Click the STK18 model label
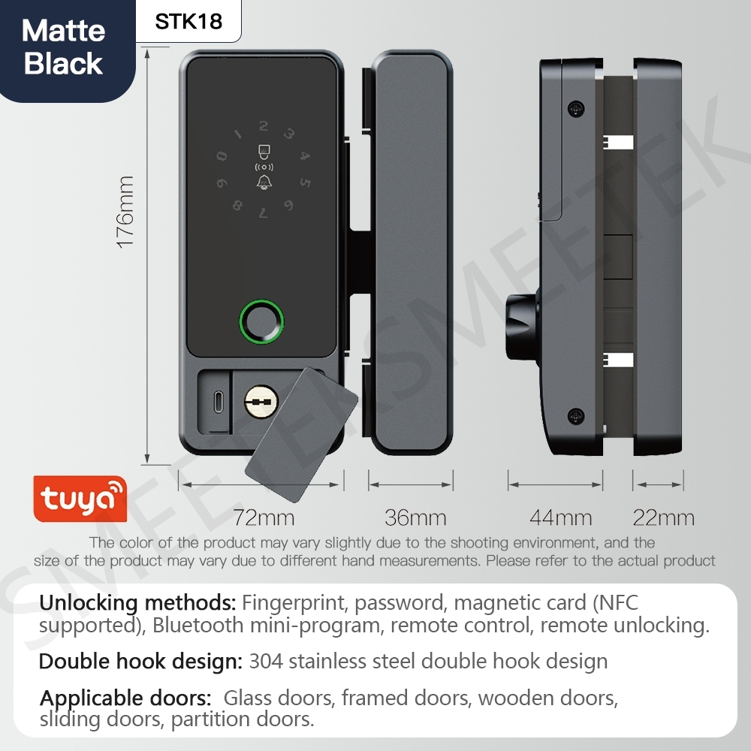(x=189, y=22)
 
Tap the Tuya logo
(x=80, y=498)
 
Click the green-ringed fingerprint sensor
(x=261, y=321)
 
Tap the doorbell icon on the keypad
(x=264, y=182)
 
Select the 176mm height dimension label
(x=125, y=212)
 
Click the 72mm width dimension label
(x=264, y=517)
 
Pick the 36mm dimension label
(x=415, y=517)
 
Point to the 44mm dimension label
(x=561, y=517)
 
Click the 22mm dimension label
(x=663, y=517)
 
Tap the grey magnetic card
(x=301, y=434)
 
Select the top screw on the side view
(x=576, y=108)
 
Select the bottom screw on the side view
(x=576, y=416)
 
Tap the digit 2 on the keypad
(x=264, y=126)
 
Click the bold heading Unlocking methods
(x=137, y=602)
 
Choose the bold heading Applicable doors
(x=125, y=698)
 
